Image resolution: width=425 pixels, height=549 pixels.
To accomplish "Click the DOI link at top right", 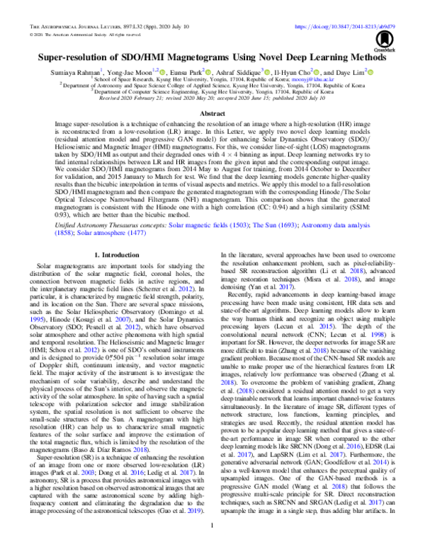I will click(x=361, y=26).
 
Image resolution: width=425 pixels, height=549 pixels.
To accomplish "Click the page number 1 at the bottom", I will click(x=212, y=526).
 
